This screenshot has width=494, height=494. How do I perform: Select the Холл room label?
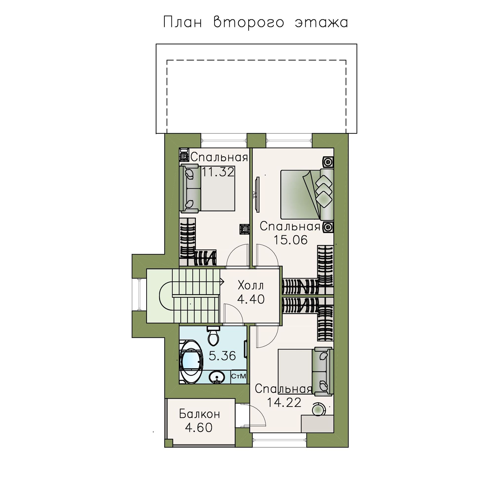(x=250, y=286)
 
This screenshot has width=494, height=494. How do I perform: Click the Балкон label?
(x=199, y=414)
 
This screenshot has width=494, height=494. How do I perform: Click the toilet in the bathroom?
(x=213, y=336)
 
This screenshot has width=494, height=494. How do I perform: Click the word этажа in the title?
(x=321, y=22)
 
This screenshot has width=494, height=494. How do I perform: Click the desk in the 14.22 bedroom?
(x=317, y=424)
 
